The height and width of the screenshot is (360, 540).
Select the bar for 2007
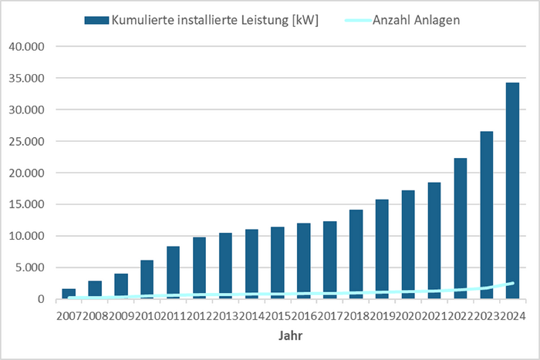click(69, 294)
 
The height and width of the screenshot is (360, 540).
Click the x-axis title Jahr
click(291, 336)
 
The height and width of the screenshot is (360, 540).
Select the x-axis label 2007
click(69, 315)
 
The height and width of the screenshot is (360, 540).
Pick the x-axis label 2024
click(512, 315)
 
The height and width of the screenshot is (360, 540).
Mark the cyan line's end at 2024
click(512, 283)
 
